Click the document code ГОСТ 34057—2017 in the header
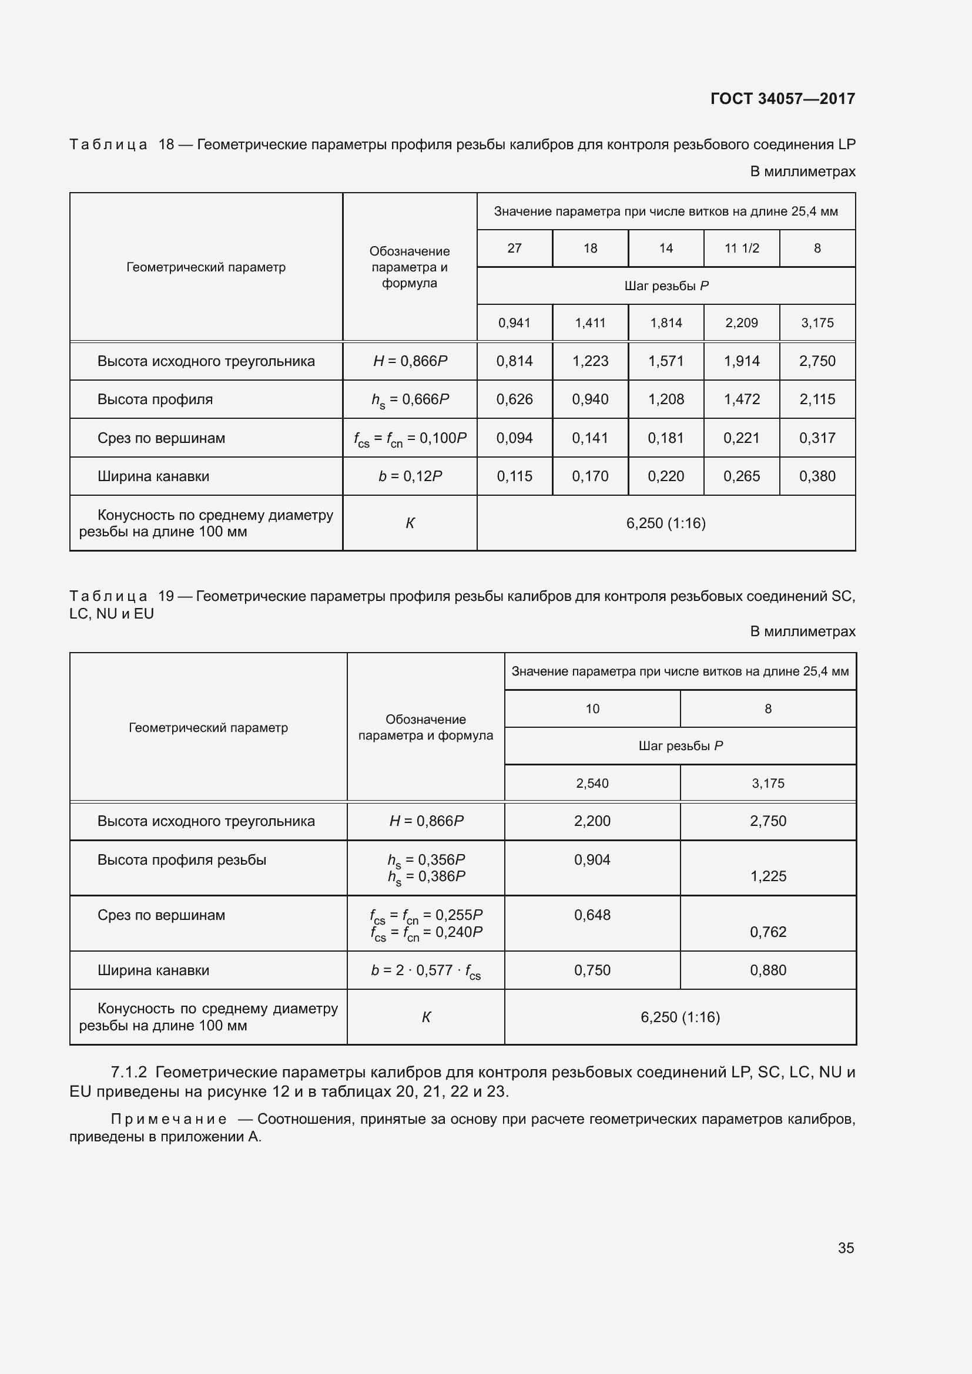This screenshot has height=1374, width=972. coord(782,99)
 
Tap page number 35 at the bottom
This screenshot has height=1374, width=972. coord(846,1248)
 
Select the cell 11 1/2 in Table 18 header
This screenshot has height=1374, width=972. coord(742,248)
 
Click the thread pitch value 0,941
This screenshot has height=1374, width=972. coord(514,323)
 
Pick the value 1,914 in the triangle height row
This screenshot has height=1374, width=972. coord(742,361)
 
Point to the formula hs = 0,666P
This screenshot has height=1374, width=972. coord(410,400)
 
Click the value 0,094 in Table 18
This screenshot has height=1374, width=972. coord(514,438)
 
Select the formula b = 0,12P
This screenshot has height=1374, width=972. coord(410,476)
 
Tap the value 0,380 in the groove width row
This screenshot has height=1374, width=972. coord(817,476)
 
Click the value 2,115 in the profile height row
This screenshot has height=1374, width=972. coord(817,400)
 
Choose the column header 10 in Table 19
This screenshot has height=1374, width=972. coord(592,709)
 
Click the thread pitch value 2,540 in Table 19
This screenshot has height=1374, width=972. coord(592,784)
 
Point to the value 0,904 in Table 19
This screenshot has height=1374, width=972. coord(592,860)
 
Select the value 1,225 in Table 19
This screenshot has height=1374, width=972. coord(768,876)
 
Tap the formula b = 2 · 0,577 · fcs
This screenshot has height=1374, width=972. coord(425,970)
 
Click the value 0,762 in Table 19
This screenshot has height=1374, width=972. coord(768,932)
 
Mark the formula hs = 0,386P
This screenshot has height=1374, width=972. coord(425,876)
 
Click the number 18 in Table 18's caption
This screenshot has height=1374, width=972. coord(166,145)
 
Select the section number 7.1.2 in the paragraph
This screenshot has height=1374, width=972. coord(129,1073)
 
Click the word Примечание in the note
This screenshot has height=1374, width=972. coord(169,1119)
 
